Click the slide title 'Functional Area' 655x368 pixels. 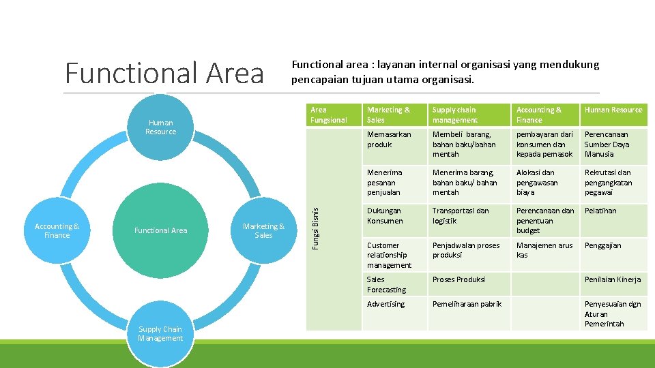tap(164, 73)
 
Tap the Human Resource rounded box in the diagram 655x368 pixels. tap(160, 127)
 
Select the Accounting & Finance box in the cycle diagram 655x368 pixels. tap(57, 231)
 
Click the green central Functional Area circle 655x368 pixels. tap(160, 230)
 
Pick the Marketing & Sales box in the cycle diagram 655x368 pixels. tap(263, 231)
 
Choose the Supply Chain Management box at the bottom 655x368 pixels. tap(160, 334)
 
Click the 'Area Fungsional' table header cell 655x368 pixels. tap(332, 114)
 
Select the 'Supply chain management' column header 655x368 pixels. tap(468, 114)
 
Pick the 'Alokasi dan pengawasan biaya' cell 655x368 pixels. tap(544, 183)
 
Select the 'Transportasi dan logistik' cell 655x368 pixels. tap(468, 220)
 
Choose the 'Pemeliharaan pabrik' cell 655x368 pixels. tap(468, 314)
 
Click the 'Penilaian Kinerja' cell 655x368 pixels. tap(613, 284)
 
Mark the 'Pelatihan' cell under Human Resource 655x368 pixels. tap(613, 220)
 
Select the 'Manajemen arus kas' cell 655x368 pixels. tap(544, 255)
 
